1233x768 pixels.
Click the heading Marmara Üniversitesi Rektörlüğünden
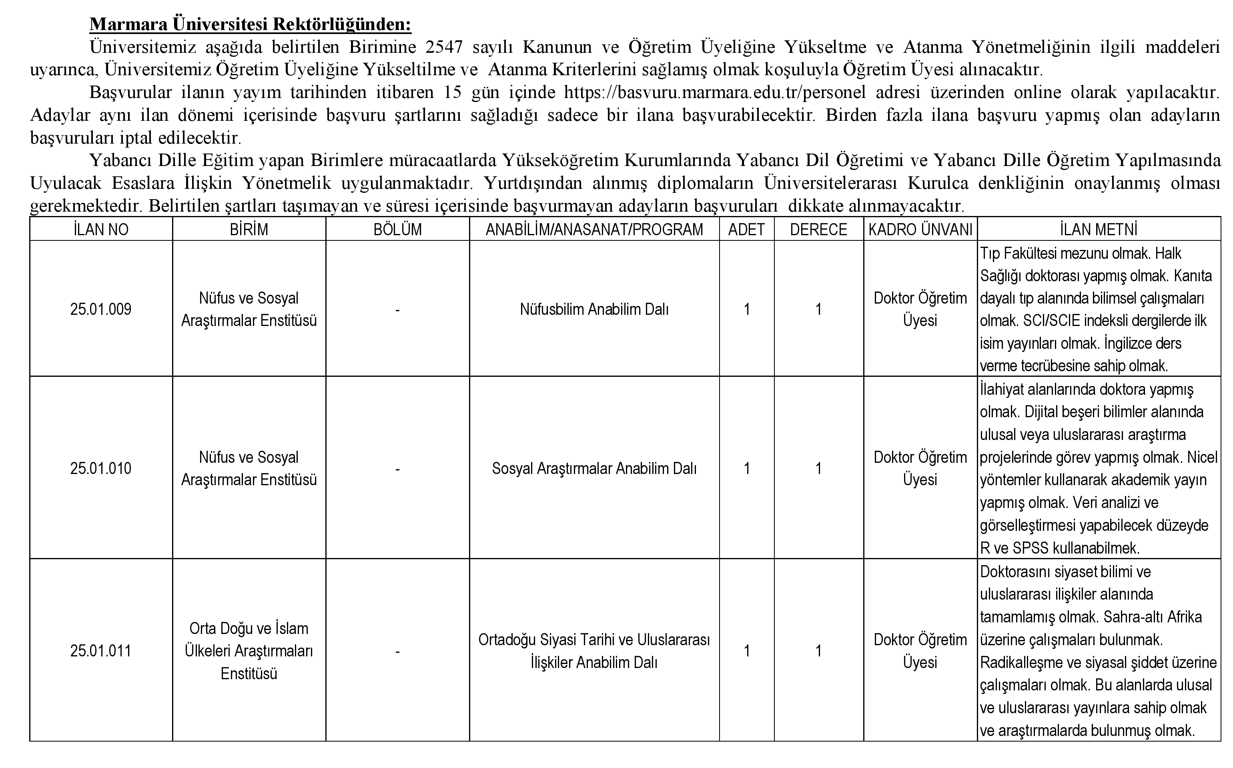[251, 24]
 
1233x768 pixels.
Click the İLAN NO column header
[100, 230]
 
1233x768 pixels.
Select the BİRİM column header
[249, 230]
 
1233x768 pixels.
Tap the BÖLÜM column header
[397, 230]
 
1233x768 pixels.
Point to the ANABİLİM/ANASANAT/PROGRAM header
[594, 230]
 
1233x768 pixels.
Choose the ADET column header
[746, 230]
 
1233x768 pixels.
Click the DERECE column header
[818, 230]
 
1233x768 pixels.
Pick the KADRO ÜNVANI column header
[920, 230]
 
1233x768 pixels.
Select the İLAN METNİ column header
[1099, 230]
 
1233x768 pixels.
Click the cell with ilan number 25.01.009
[100, 309]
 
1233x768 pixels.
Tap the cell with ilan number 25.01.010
[100, 468]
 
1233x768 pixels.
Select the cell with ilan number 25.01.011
[100, 651]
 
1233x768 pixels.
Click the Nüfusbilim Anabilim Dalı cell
[594, 309]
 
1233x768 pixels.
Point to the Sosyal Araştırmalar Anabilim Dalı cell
[594, 468]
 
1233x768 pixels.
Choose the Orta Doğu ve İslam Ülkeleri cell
[249, 651]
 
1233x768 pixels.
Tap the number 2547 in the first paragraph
[444, 47]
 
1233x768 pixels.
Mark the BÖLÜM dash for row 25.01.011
[397, 651]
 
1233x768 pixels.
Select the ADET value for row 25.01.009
[746, 309]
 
